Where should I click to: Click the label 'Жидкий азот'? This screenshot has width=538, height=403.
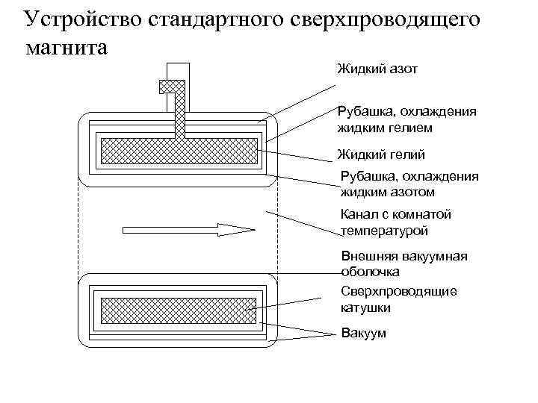377,69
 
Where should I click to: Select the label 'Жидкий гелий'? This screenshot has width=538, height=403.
381,155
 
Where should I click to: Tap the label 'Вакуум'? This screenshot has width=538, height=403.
364,333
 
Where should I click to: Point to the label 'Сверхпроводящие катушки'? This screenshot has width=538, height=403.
398,299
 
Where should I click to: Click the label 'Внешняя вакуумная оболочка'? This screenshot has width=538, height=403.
403,264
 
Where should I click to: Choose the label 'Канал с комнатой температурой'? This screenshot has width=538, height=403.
396,222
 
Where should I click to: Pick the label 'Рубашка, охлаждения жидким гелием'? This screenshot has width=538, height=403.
406,119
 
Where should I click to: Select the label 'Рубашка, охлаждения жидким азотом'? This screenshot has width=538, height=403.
409,184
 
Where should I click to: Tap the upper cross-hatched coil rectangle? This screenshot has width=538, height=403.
177,150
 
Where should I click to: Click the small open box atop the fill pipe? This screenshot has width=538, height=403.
178,71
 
